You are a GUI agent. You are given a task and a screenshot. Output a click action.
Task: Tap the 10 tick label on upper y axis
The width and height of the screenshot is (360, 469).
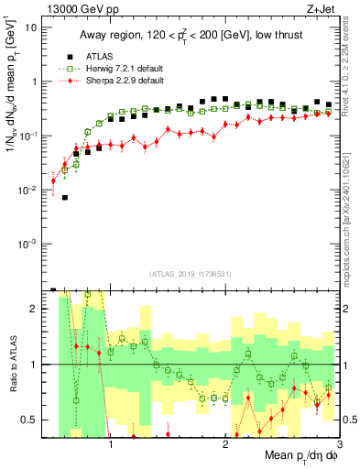click(31, 27)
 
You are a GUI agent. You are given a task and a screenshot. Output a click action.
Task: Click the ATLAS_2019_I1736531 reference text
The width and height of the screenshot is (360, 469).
click(191, 274)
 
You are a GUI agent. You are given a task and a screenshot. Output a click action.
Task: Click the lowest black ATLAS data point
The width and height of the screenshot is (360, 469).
click(65, 197)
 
